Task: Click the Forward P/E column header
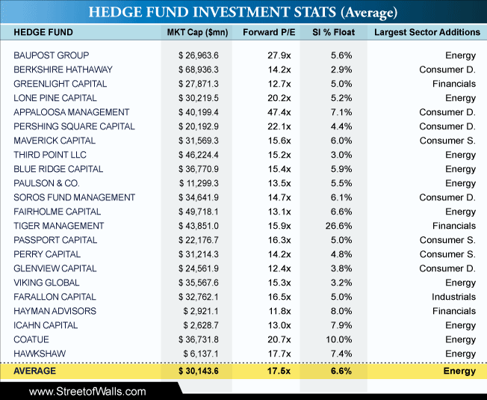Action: pos(269,32)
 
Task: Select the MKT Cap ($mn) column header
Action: pos(197,32)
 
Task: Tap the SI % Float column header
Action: pos(334,32)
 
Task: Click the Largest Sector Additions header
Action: pos(427,32)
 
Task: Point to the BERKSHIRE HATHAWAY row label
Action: pos(63,70)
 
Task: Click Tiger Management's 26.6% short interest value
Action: pos(339,226)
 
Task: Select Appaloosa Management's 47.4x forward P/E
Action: pos(279,112)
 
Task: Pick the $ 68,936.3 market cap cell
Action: pos(199,70)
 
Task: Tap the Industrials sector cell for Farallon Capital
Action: pos(454,297)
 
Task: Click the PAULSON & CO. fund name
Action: pos(46,183)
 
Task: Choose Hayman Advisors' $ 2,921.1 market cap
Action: pos(201,311)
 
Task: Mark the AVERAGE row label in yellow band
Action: pos(35,371)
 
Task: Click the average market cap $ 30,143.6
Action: pos(199,371)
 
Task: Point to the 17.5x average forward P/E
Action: pos(279,371)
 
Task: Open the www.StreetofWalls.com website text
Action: pos(87,391)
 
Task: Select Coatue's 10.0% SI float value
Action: pos(339,339)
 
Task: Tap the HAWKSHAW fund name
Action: pos(40,354)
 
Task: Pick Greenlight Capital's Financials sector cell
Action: pos(454,84)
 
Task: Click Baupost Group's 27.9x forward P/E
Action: pos(279,55)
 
